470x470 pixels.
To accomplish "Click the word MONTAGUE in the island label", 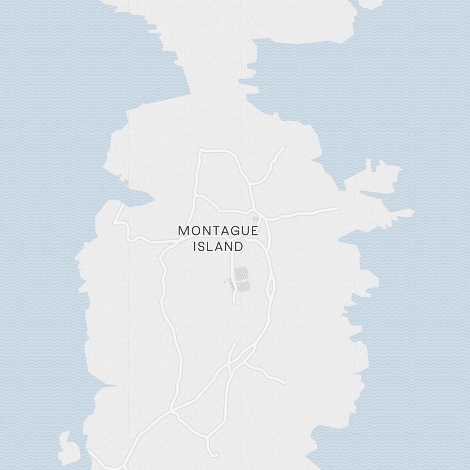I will point(218,231).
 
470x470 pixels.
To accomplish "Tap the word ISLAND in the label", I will point(218,246).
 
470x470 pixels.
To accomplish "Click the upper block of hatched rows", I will point(241,273).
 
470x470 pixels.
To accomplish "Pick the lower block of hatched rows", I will point(243,287).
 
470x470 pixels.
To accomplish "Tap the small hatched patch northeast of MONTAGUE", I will point(255,219).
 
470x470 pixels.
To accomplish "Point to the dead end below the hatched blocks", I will point(235,301).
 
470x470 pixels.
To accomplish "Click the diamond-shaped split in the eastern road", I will point(271,287).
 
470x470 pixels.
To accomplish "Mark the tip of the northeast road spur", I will point(283,147).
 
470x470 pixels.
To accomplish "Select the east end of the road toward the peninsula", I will point(337,208).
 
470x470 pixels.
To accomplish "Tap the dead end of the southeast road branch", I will point(284,383).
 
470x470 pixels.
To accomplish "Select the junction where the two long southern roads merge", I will point(173,410).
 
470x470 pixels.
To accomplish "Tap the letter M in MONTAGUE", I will point(184,231).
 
